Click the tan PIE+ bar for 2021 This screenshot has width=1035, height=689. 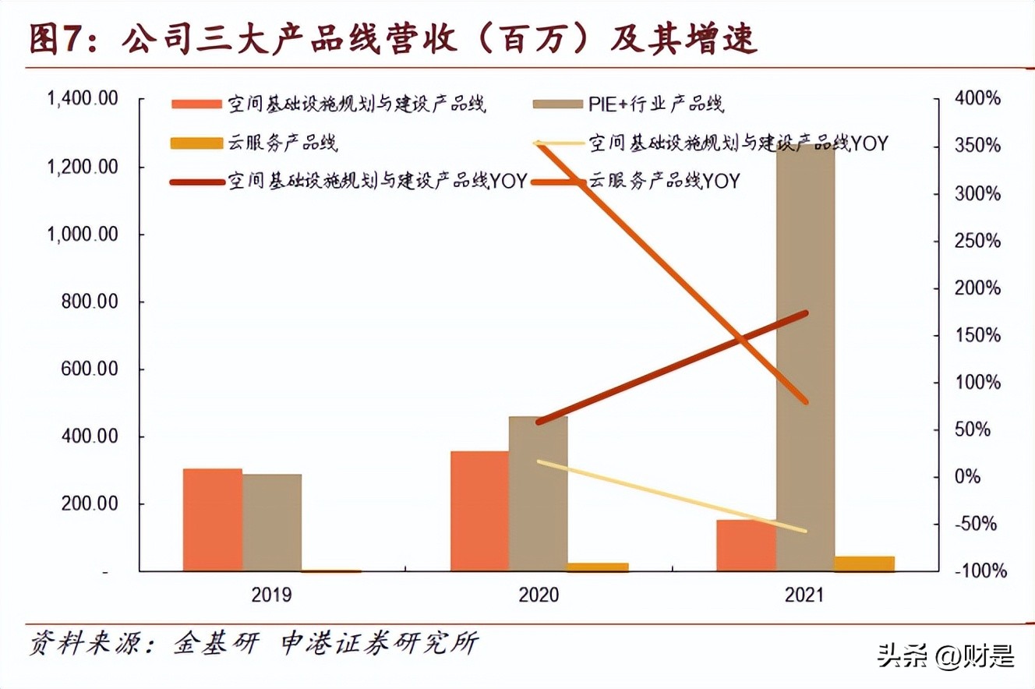point(805,359)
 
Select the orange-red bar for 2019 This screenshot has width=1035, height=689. point(212,520)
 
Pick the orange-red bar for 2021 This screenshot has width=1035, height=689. point(746,545)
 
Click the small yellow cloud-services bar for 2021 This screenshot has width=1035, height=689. point(864,564)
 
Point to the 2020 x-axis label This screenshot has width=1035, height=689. point(539,595)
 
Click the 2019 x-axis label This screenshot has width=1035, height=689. point(271,595)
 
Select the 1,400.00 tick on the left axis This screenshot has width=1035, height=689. point(83,99)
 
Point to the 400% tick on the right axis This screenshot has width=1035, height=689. point(977,99)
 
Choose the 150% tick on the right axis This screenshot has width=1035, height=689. point(977,335)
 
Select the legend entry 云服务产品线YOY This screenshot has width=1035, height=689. point(663,182)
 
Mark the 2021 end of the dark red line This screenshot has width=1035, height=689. point(806,313)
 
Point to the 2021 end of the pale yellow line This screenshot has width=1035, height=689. point(806,532)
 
